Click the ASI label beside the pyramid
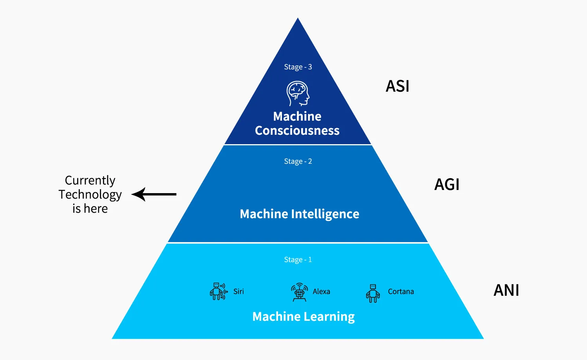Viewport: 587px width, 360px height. [x=397, y=86]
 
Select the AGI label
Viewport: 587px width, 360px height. [x=447, y=185]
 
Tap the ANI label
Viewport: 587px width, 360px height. [x=506, y=290]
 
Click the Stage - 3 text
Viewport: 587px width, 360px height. [x=298, y=67]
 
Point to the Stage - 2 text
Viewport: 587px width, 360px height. [x=298, y=161]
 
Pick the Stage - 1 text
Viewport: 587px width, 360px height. [x=298, y=260]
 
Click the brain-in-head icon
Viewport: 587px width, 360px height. [x=298, y=94]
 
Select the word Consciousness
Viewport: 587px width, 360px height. [x=297, y=130]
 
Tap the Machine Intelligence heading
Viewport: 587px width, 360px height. [x=300, y=214]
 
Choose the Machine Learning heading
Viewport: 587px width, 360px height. [x=303, y=317]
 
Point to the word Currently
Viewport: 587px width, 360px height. [x=90, y=180]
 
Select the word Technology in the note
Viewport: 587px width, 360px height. [x=90, y=195]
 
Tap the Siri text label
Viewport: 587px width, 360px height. [x=238, y=291]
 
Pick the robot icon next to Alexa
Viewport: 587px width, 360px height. [x=300, y=292]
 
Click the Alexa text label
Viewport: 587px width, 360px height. [x=321, y=291]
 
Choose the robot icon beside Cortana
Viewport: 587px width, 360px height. [x=373, y=293]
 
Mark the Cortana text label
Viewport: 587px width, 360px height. [x=401, y=291]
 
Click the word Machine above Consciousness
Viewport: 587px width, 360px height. [x=297, y=116]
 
